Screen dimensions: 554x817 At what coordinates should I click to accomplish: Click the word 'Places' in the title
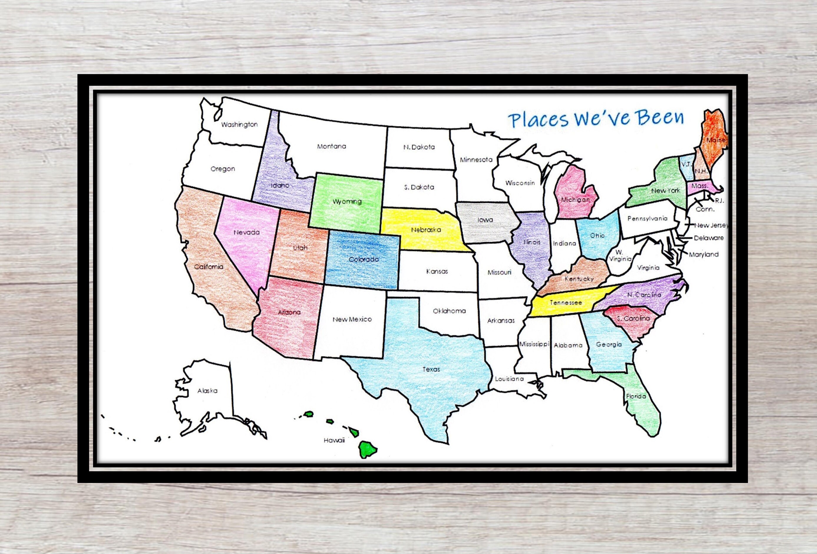538,120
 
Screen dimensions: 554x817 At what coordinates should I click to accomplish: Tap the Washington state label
240,125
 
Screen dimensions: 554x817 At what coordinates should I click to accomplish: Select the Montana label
331,146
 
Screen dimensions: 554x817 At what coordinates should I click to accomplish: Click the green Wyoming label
347,201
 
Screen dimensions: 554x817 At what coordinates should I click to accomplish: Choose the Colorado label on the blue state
364,259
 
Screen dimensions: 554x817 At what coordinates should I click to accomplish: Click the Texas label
431,369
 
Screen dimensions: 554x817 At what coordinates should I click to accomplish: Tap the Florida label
636,396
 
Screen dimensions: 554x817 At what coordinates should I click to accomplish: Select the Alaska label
207,391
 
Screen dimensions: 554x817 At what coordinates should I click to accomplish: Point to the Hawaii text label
334,440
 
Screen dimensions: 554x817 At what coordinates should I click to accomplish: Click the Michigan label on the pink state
575,200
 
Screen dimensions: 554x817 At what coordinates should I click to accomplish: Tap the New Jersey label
711,225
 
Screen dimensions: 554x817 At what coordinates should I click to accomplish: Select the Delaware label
708,238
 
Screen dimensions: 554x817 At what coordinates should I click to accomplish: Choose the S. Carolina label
633,318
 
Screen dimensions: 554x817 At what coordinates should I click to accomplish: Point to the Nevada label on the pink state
246,232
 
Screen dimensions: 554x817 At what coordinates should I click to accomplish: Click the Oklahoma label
449,311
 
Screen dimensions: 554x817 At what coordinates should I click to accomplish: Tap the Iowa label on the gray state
485,220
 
